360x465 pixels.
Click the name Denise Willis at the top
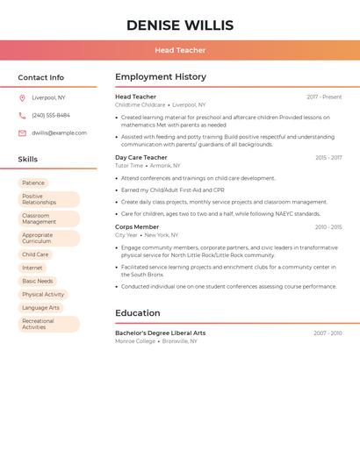coord(180,25)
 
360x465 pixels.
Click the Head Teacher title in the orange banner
coord(180,51)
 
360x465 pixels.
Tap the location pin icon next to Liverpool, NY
coord(22,98)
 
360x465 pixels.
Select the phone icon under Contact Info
coord(22,116)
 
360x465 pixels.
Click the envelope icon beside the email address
coord(22,133)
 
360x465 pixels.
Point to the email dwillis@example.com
coord(59,133)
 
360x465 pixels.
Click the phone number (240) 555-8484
coord(51,116)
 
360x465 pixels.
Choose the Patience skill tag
coord(33,183)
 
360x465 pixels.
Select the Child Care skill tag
coord(35,254)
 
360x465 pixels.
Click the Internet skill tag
coord(32,268)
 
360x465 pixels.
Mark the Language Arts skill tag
coord(41,307)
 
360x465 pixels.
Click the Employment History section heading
coord(161,77)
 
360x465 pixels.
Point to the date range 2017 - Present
coord(324,97)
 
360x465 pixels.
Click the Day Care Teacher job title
coord(141,158)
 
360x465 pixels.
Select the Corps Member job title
coord(137,227)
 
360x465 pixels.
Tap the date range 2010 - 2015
coord(328,227)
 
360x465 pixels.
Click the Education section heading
coord(138,313)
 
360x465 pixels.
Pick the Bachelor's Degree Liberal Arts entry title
coord(161,333)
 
